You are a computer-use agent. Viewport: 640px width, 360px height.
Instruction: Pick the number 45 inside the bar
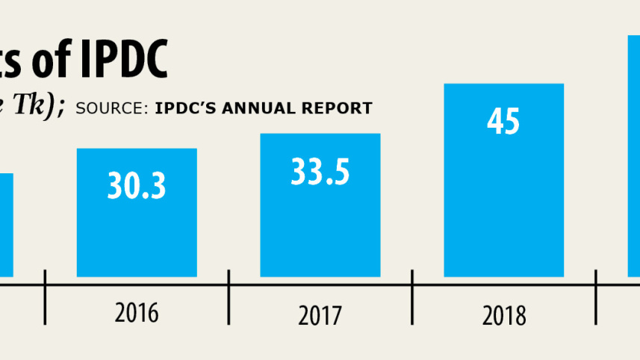pyautogui.click(x=503, y=122)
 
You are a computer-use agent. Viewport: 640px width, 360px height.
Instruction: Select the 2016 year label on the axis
pyautogui.click(x=136, y=312)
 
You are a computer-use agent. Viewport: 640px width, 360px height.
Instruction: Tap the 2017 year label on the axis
pyautogui.click(x=320, y=314)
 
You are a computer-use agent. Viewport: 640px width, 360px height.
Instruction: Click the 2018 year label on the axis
pyautogui.click(x=503, y=315)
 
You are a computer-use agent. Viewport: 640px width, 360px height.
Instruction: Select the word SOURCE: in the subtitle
pyautogui.click(x=112, y=108)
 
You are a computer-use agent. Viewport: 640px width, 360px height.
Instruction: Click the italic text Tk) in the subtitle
pyautogui.click(x=41, y=107)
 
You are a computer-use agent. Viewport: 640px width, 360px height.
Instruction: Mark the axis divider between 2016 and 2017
pyautogui.click(x=229, y=297)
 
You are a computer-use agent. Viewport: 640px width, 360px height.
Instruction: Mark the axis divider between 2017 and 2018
pyautogui.click(x=412, y=297)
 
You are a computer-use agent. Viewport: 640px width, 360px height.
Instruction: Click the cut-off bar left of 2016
pyautogui.click(x=6, y=224)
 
